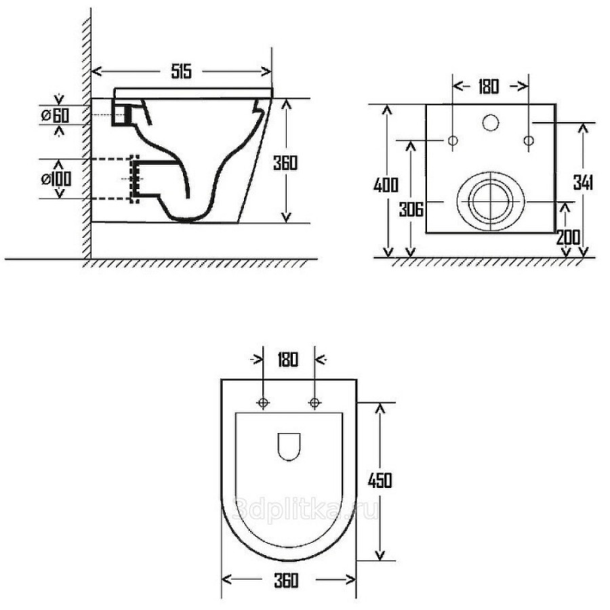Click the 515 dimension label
tap(182, 72)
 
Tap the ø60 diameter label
tap(56, 115)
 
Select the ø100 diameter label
tap(56, 179)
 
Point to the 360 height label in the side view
tap(285, 163)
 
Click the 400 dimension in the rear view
tap(386, 185)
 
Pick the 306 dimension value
tap(411, 210)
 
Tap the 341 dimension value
tap(583, 182)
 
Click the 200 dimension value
tap(568, 237)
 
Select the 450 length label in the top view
tap(380, 481)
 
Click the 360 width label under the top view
tap(286, 580)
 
